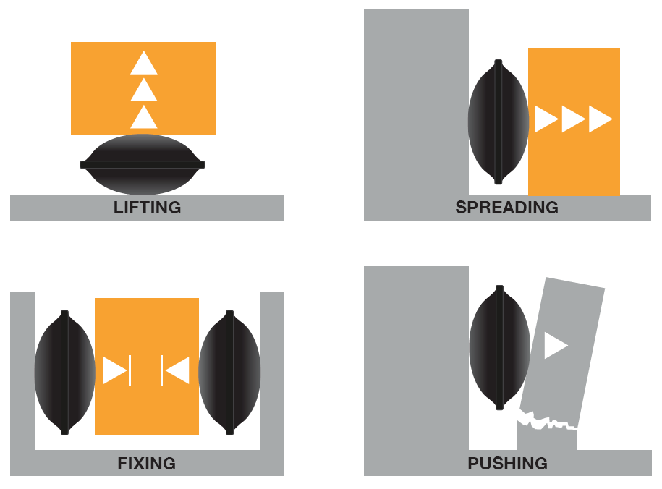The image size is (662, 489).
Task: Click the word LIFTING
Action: (x=148, y=208)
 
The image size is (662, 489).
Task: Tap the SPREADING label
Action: (x=506, y=208)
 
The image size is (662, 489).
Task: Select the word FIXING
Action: (x=146, y=464)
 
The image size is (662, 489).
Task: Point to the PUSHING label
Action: (x=507, y=464)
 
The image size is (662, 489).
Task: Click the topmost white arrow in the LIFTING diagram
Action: (x=144, y=64)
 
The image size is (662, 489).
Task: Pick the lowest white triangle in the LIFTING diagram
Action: (x=144, y=117)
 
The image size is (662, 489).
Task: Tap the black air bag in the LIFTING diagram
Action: (x=143, y=164)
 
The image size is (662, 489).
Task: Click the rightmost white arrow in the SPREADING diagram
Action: (x=601, y=119)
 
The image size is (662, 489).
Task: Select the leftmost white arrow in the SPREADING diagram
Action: (x=546, y=119)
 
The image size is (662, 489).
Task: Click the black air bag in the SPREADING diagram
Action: (x=498, y=122)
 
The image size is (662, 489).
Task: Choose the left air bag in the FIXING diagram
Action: (x=64, y=373)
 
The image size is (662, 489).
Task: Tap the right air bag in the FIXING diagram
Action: (x=229, y=373)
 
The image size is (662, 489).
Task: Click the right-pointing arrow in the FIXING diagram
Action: (x=117, y=370)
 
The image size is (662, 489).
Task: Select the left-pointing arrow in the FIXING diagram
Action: (x=175, y=370)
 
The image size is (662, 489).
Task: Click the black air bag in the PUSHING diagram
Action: (x=499, y=347)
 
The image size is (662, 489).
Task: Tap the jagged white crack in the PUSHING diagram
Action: (x=548, y=420)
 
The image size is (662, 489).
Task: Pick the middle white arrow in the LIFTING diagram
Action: (x=144, y=90)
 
